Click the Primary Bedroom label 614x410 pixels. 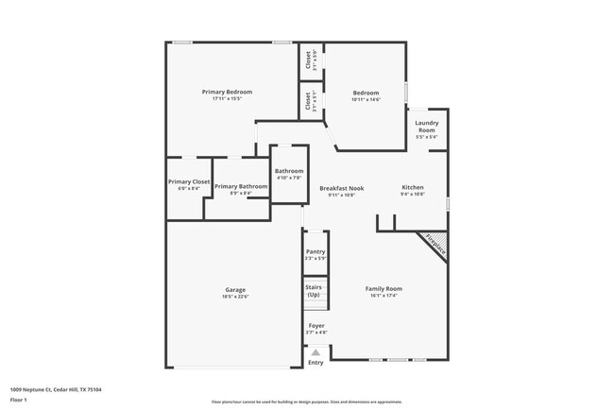pyautogui.click(x=227, y=92)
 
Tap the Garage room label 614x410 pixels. pyautogui.click(x=235, y=290)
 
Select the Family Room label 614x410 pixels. pyautogui.click(x=384, y=288)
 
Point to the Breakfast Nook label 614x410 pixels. pyautogui.click(x=341, y=188)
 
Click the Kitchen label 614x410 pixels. pyautogui.click(x=413, y=187)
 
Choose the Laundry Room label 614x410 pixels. pyautogui.click(x=427, y=127)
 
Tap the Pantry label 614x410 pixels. pyautogui.click(x=316, y=252)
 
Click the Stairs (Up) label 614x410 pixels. pyautogui.click(x=314, y=291)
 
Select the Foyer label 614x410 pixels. pyautogui.click(x=316, y=325)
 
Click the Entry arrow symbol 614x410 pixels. pyautogui.click(x=316, y=352)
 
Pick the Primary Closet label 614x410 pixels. pyautogui.click(x=189, y=181)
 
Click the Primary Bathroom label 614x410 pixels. pyautogui.click(x=241, y=186)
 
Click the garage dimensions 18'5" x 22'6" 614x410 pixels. pyautogui.click(x=235, y=297)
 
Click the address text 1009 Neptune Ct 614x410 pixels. pyautogui.click(x=55, y=388)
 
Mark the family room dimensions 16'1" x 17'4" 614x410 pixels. pyautogui.click(x=384, y=295)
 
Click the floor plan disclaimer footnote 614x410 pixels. pyautogui.click(x=307, y=401)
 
